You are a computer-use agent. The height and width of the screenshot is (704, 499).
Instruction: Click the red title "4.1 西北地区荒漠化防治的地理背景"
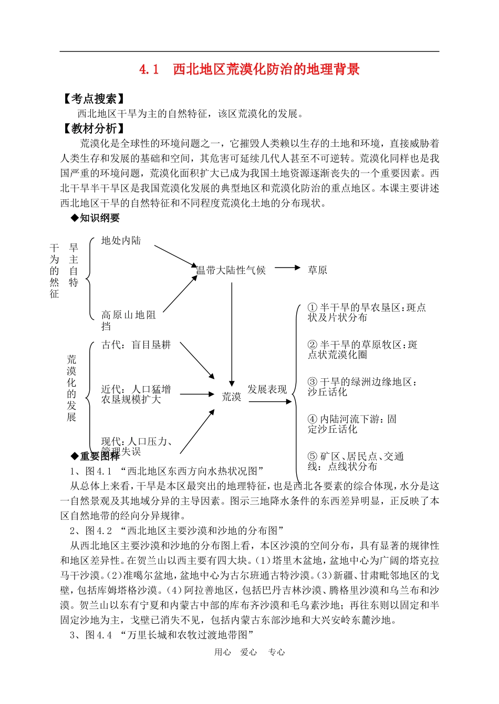point(250,69)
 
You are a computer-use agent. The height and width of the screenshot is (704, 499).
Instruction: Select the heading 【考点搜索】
point(94,99)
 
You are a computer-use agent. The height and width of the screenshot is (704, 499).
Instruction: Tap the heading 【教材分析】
point(94,129)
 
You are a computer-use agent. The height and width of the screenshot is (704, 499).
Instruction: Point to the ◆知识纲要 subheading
point(95,218)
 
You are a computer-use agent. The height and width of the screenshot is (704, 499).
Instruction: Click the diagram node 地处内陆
point(121,241)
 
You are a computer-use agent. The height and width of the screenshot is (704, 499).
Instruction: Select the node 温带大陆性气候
point(231,270)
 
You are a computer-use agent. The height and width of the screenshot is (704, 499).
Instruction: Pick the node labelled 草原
point(317,270)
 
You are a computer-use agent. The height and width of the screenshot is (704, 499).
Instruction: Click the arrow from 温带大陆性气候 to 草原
point(287,268)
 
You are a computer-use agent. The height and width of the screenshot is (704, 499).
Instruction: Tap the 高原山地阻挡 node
point(129,320)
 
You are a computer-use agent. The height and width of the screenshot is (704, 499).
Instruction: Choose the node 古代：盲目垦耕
point(136,345)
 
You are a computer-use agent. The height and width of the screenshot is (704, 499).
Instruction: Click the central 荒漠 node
point(231,397)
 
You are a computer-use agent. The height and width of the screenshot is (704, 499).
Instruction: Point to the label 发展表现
point(267,389)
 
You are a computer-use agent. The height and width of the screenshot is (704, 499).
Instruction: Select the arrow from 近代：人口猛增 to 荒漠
point(197,394)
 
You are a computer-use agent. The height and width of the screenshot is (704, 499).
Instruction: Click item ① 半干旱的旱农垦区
point(367,312)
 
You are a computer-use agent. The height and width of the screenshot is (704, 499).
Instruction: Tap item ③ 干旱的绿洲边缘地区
point(362,387)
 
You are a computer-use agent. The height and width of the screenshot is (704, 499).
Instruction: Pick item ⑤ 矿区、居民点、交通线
point(356,461)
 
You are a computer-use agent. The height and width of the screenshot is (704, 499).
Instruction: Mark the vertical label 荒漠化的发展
point(72,388)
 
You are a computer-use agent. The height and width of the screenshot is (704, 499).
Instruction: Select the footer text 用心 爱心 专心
point(250,652)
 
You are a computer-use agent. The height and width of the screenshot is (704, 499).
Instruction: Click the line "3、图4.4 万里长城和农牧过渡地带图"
point(162,635)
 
